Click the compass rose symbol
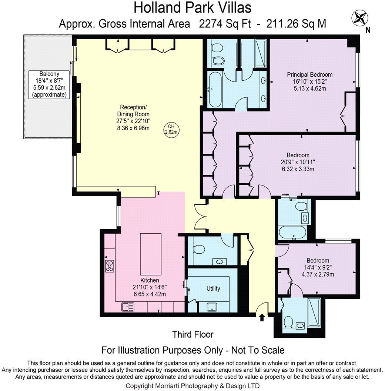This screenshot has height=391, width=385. point(360,18)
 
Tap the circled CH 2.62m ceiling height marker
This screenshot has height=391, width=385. point(171,129)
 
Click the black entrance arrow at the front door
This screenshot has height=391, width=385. point(262,317)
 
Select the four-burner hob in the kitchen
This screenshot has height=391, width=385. point(110,265)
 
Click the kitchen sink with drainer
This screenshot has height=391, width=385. point(128,307)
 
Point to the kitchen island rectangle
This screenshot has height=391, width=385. point(151,254)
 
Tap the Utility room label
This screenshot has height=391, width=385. point(213,288)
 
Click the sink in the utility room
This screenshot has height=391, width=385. point(212,307)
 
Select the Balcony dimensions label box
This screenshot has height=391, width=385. point(49,84)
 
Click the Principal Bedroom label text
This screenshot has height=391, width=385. point(310,74)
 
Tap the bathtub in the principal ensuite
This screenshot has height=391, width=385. point(215,89)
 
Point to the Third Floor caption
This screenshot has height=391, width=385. point(193,334)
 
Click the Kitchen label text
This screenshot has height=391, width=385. point(150,280)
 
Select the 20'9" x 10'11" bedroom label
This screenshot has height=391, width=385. point(298,162)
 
